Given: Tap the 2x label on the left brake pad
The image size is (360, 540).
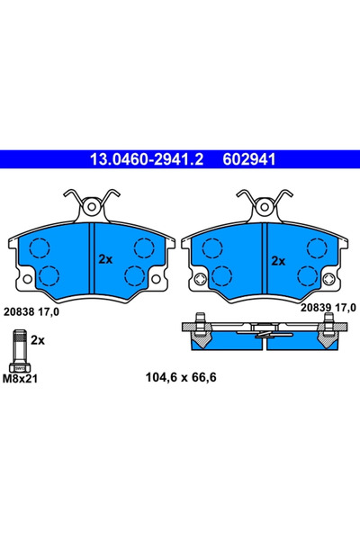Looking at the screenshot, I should coord(105,259).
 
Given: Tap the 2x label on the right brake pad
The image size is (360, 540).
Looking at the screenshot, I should coord(278,260).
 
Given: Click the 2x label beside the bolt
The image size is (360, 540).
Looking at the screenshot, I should coord(38,341).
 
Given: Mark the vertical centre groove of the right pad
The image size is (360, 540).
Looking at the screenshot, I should coord(264,261).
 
